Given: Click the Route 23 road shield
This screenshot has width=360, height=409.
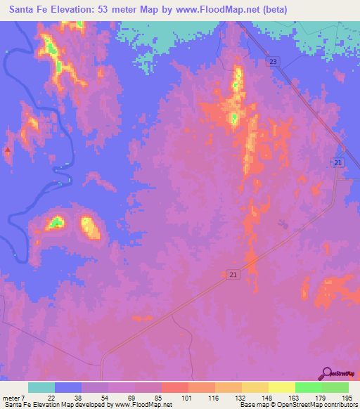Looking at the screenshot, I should coord(273,63).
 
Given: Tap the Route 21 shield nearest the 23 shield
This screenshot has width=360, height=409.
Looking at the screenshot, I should coord(338,162).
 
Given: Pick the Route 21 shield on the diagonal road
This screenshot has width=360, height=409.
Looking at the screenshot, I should coord(233,275).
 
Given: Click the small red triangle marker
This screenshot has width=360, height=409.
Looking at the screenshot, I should coord(8,150).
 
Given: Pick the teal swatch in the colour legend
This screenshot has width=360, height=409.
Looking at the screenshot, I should coord(41,387).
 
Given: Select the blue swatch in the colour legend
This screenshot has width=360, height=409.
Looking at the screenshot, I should coord(68,387).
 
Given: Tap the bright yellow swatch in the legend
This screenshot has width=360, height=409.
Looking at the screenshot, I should coord(282,387).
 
